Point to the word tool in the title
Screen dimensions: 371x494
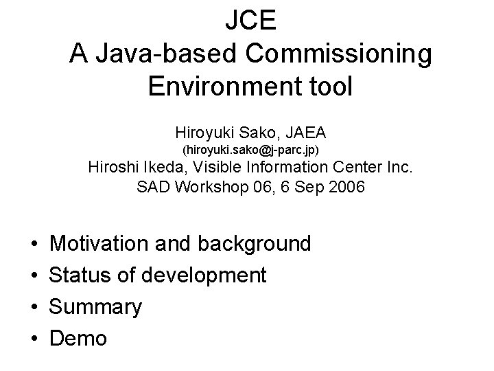[325, 87]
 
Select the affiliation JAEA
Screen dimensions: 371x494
[306, 130]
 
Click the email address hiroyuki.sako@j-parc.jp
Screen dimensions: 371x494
[250, 149]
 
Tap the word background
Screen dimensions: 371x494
[254, 244]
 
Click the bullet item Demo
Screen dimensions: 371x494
[79, 338]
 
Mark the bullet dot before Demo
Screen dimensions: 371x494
[34, 339]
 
